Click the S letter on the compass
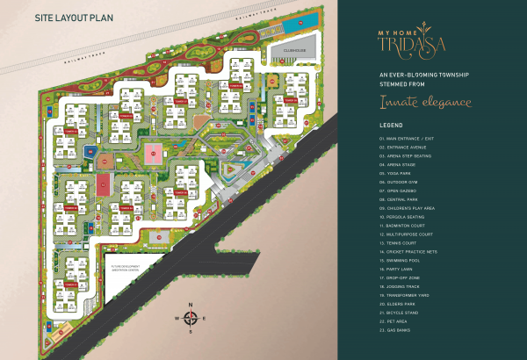click(190, 333)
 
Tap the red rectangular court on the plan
click(104, 184)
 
